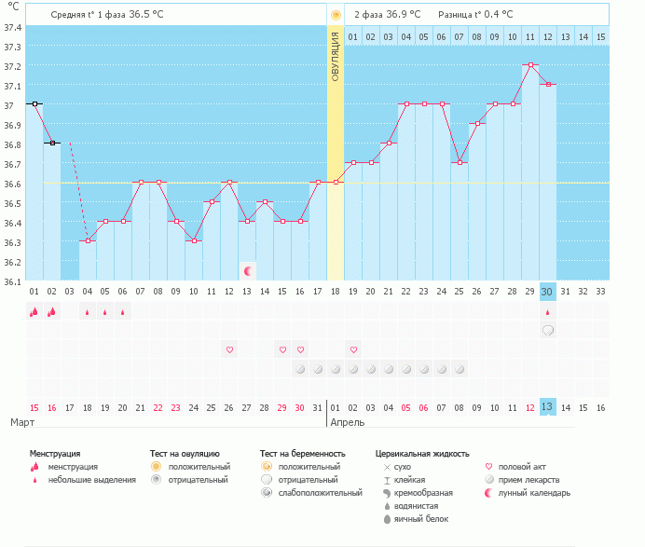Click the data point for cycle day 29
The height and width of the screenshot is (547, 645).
tap(530, 65)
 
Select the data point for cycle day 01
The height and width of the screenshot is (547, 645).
tap(34, 104)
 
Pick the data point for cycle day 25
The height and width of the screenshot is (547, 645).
tap(460, 163)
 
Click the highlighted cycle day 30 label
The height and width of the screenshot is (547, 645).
tap(548, 292)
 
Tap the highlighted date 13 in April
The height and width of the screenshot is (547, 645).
tap(548, 406)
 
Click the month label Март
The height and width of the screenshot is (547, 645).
tap(22, 422)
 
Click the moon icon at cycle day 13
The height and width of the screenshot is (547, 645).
tap(247, 271)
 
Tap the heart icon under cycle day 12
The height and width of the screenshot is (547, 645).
tap(229, 349)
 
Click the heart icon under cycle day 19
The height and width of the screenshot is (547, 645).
tap(353, 349)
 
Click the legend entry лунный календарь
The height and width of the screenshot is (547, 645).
tap(534, 493)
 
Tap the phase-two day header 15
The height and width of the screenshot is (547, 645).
tap(601, 36)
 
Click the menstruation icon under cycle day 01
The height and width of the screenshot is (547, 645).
tap(34, 312)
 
